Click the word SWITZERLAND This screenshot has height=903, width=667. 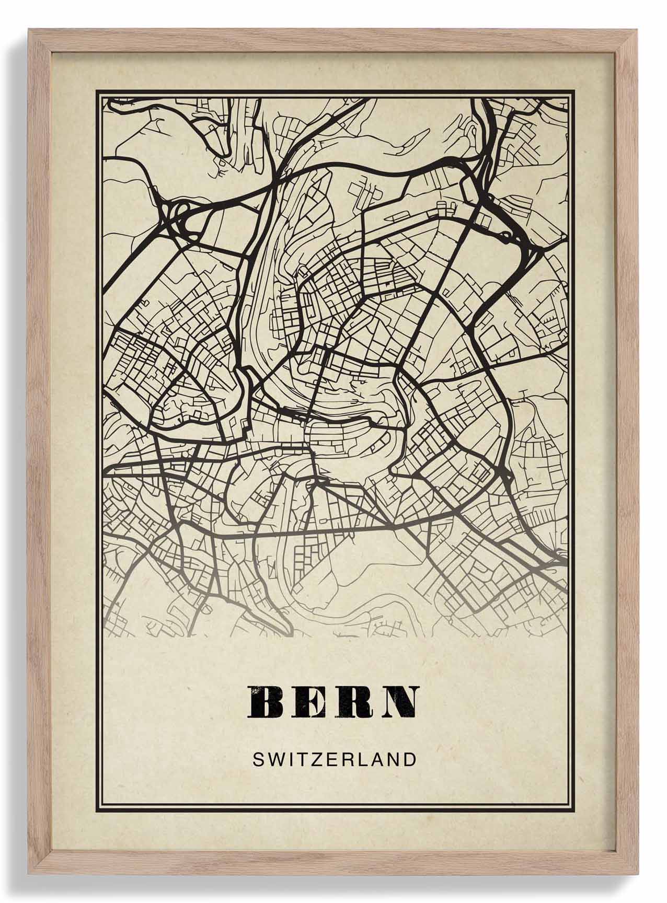pos(334,759)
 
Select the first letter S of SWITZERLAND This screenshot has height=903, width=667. pos(258,759)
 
